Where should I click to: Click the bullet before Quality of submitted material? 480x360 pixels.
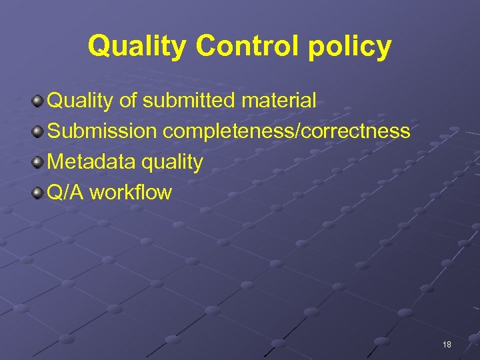(37, 101)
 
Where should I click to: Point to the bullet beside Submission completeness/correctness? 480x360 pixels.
(37, 132)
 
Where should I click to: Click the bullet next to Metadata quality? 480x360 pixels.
(37, 163)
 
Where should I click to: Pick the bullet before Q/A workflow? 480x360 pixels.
(37, 193)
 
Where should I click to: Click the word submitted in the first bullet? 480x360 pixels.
(189, 101)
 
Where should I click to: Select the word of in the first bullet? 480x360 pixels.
(127, 101)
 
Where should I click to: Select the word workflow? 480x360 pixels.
(131, 193)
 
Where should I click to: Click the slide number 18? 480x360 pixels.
(447, 345)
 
